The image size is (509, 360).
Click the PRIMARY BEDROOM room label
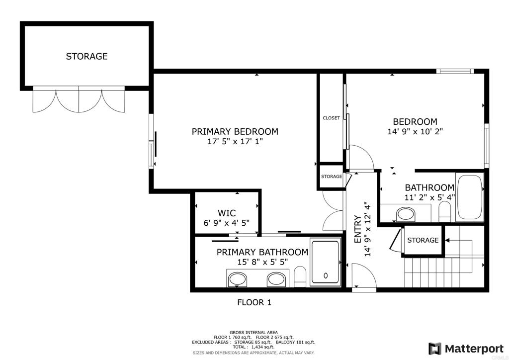click(235, 131)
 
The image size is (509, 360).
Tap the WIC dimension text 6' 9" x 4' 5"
click(227, 223)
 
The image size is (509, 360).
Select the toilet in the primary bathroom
click(300, 277)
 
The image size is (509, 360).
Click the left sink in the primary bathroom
click(238, 279)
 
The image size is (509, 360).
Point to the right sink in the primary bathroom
click(276, 279)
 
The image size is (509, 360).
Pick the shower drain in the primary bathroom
click(326, 275)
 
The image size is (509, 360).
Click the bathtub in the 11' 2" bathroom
click(469, 198)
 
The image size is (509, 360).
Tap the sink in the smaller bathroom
click(406, 215)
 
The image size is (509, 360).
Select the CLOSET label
click(331, 118)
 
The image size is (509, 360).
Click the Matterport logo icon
click(434, 349)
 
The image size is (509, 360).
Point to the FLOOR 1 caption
click(254, 302)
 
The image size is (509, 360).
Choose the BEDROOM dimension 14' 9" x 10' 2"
click(415, 131)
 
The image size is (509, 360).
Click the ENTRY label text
click(358, 229)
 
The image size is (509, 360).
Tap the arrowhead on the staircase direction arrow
click(447, 241)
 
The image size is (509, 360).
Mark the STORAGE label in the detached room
click(86, 57)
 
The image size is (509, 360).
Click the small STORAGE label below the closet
click(332, 177)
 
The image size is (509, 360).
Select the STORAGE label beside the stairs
click(423, 240)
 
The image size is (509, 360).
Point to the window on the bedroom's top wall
click(455, 71)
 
